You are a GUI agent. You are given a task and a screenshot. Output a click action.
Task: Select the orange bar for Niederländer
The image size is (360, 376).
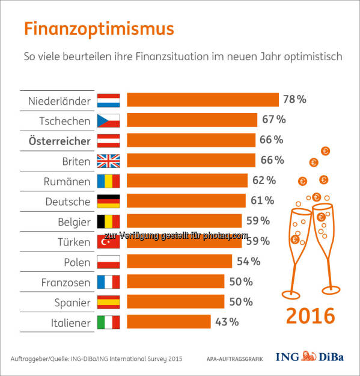pyautogui.click(x=203, y=100)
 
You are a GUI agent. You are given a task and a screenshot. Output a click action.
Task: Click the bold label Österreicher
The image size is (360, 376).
pyautogui.click(x=59, y=140)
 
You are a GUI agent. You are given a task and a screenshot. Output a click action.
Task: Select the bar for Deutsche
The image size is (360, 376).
pyautogui.click(x=186, y=201)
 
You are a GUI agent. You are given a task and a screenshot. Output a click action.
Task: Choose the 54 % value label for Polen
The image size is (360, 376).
pyautogui.click(x=248, y=261)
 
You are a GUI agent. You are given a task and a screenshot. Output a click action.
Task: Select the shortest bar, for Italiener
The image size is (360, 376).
pyautogui.click(x=169, y=322)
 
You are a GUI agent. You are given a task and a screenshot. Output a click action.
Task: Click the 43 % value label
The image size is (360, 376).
pyautogui.click(x=227, y=322)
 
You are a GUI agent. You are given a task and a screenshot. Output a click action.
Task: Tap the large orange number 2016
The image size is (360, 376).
pyautogui.click(x=310, y=315)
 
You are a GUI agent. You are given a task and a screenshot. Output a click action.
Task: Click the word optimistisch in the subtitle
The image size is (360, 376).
pyautogui.click(x=314, y=58)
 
